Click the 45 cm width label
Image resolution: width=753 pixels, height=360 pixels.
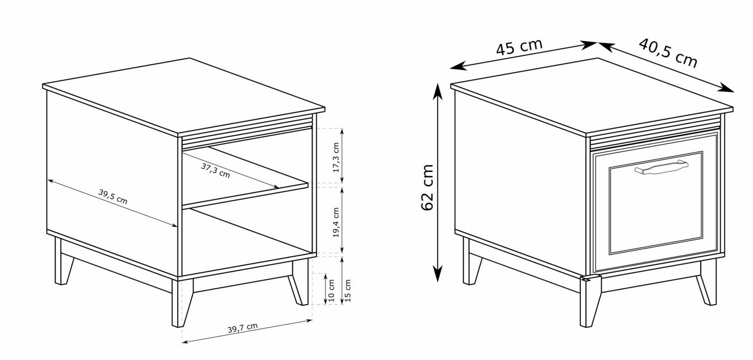[x=519, y=47]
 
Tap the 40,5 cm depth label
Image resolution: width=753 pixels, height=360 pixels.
[x=668, y=53]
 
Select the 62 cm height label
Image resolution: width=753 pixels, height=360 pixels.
[x=427, y=187]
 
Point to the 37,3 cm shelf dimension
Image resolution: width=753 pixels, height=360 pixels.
[x=215, y=171]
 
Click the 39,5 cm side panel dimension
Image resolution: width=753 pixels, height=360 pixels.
[x=113, y=196]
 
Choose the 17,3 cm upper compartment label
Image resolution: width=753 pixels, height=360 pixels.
[x=336, y=157]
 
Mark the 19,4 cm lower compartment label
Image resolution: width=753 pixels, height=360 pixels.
[x=336, y=222]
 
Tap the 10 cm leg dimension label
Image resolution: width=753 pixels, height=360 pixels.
[x=331, y=290]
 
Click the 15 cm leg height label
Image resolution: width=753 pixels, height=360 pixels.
[x=348, y=290]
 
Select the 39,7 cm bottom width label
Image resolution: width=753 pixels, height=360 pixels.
[x=243, y=327]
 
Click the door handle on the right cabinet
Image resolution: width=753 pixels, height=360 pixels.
[x=661, y=167]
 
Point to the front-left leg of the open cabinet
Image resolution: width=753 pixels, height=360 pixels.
[x=182, y=303]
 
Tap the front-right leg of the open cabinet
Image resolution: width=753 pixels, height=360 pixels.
[x=299, y=282]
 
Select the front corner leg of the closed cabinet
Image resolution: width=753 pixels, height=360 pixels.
[x=590, y=301]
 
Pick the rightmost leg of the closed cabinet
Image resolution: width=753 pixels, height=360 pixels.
[x=706, y=282]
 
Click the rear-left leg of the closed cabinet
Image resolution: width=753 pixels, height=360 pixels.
[x=471, y=261]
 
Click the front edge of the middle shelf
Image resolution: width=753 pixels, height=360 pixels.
[x=245, y=195]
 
